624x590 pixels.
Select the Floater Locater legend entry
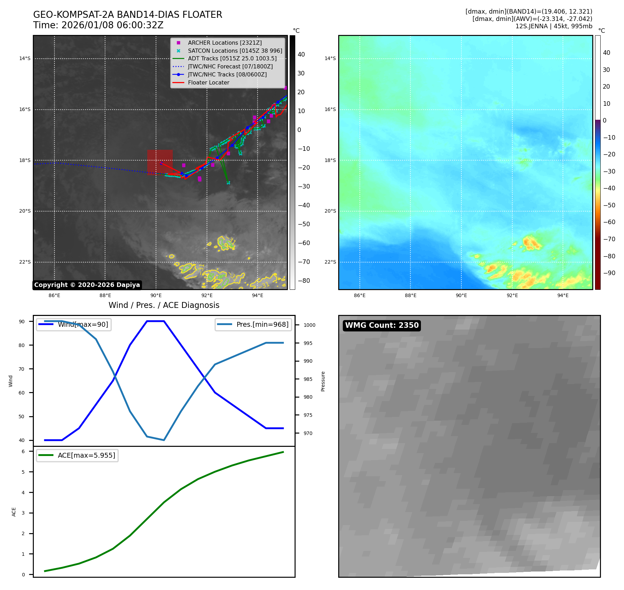tap(208, 83)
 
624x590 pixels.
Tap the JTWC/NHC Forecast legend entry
tap(230, 66)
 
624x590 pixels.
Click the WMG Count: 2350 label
tap(381, 325)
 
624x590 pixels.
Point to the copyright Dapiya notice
tap(87, 285)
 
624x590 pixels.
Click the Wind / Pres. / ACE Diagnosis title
tap(164, 305)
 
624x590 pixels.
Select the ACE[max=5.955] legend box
tap(77, 455)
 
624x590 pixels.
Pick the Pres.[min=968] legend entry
tap(253, 324)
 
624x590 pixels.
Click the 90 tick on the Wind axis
tap(22, 322)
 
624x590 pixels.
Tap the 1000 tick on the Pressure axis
tap(309, 325)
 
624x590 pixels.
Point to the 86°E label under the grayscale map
tap(54, 296)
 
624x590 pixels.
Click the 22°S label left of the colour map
tap(330, 262)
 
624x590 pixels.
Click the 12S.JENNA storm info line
tap(554, 26)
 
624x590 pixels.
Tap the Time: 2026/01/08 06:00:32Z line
tap(98, 25)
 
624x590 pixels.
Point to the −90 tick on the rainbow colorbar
tap(609, 273)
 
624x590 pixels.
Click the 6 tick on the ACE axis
tap(23, 451)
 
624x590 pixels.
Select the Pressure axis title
tap(323, 381)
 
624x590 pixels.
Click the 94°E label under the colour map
tap(563, 296)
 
